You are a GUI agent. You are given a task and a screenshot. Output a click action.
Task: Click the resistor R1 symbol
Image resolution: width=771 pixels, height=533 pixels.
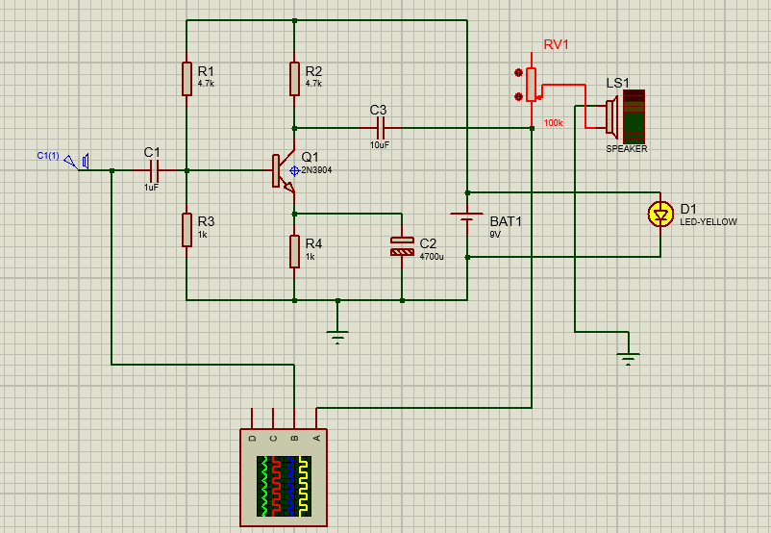click(x=187, y=79)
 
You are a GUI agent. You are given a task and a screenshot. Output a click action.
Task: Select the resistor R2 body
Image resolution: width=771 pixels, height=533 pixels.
click(x=294, y=79)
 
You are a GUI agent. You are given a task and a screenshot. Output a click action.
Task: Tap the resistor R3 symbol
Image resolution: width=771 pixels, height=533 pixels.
click(x=187, y=230)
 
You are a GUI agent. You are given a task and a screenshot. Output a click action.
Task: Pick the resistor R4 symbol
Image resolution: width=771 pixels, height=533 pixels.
click(x=294, y=251)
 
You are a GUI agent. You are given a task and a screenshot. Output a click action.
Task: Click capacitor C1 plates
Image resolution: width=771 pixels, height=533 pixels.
click(x=154, y=171)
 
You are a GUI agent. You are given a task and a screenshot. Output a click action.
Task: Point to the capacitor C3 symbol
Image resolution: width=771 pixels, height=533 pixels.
click(x=380, y=128)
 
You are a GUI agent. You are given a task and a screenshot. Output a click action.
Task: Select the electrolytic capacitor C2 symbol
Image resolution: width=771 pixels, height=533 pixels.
click(x=402, y=246)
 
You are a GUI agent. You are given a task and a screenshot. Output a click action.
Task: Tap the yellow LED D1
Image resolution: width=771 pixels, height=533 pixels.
click(x=660, y=215)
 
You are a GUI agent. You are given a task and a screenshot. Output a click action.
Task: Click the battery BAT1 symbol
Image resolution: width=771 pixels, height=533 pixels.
click(x=466, y=216)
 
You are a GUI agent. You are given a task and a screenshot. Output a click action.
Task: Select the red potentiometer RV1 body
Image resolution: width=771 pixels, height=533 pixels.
click(x=531, y=85)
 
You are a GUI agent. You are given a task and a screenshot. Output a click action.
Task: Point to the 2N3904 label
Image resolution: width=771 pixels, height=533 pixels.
click(x=316, y=170)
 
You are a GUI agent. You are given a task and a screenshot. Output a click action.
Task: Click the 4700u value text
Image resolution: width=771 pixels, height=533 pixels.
click(x=432, y=257)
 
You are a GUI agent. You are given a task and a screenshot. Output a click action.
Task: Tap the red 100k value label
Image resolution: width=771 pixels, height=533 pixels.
click(x=553, y=123)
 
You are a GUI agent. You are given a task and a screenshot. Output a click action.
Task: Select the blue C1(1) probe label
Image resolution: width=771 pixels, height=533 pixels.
click(x=48, y=156)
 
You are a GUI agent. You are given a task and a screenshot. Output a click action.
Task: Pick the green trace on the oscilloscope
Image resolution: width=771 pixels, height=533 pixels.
click(x=264, y=485)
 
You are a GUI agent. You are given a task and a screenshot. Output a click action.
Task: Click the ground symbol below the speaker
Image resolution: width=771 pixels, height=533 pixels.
click(x=629, y=359)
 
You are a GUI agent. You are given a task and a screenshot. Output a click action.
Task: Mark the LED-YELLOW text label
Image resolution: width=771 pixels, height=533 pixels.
click(x=709, y=222)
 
